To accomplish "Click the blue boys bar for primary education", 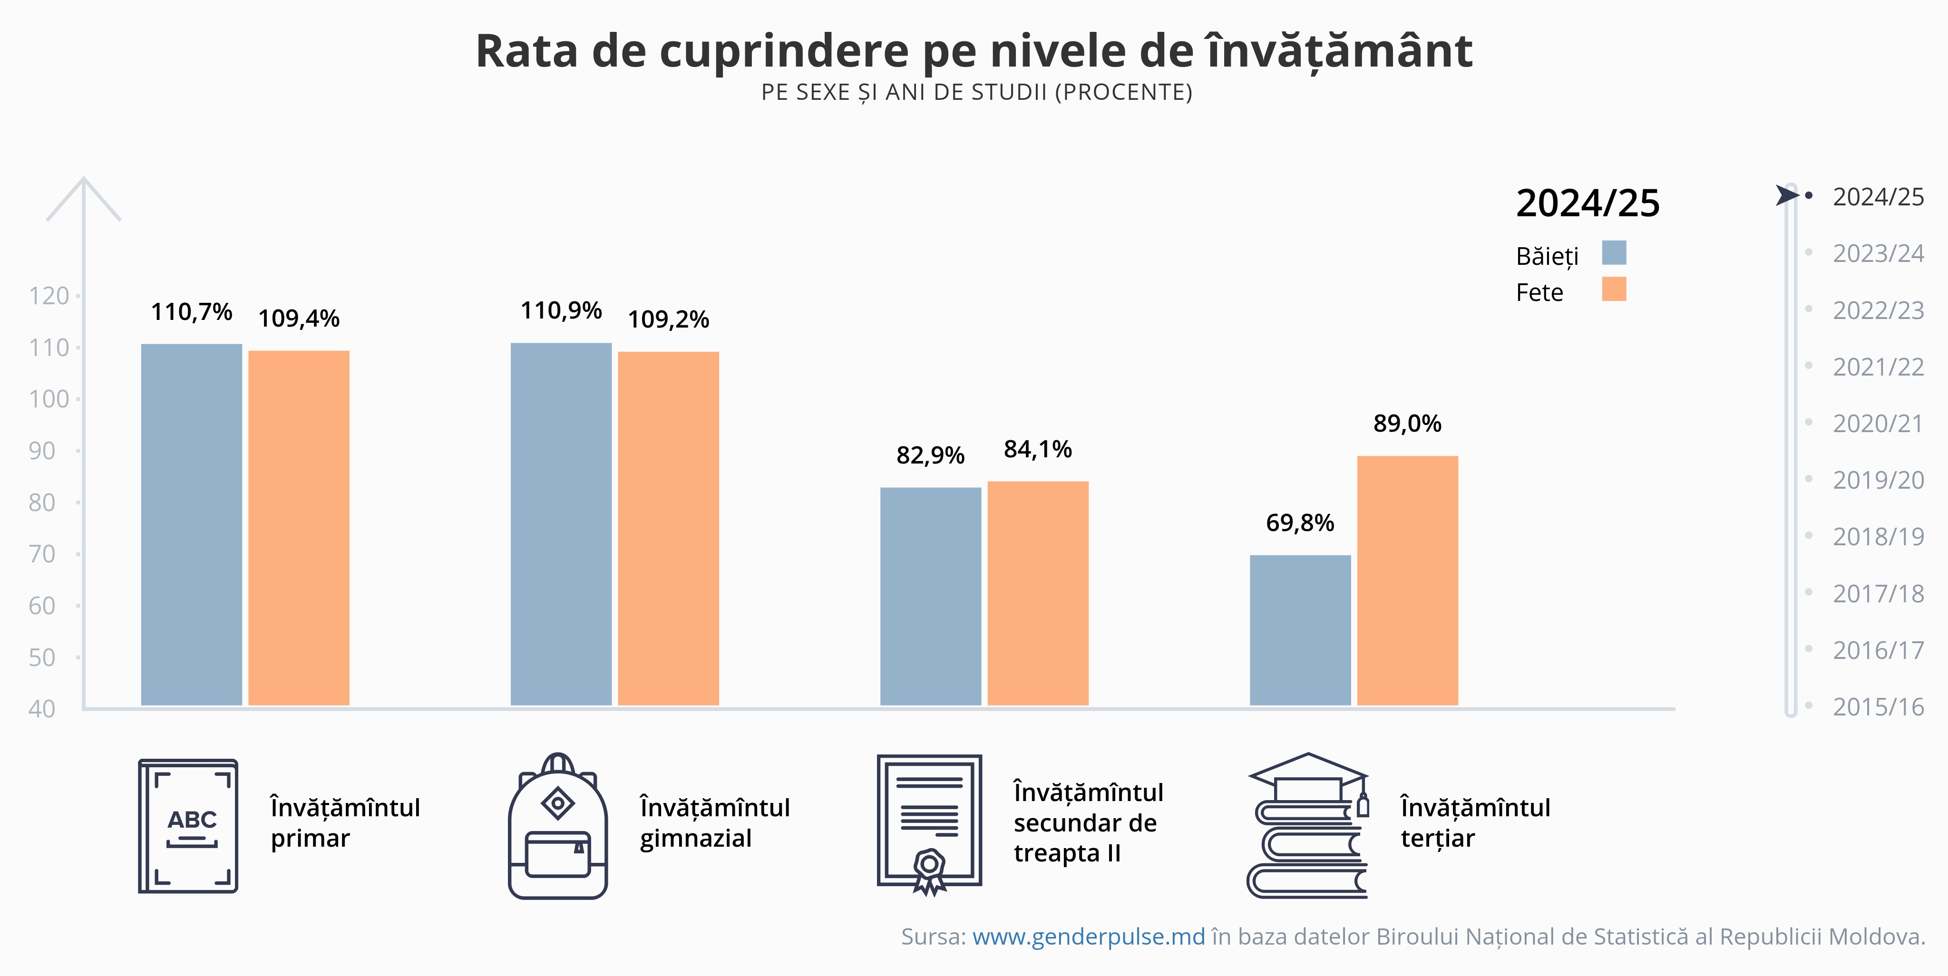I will (x=191, y=525).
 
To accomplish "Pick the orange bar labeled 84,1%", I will (x=1038, y=593).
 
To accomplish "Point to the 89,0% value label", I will (x=1407, y=424).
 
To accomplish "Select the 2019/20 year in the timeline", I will (x=1878, y=480).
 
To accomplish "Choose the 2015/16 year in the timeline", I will (x=1878, y=707).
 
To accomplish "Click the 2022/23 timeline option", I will (x=1878, y=310).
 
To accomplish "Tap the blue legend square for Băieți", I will (x=1614, y=252).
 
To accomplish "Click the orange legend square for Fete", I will (x=1614, y=289).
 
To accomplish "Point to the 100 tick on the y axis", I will (x=49, y=399).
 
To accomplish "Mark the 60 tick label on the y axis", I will (x=42, y=606).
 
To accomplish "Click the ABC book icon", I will (x=188, y=826).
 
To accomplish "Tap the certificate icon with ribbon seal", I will (x=929, y=824).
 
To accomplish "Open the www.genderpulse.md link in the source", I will (x=1088, y=937).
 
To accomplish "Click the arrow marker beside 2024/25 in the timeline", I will (x=1787, y=195).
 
